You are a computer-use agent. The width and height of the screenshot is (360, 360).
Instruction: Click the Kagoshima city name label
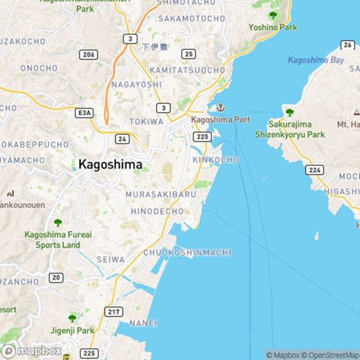click(x=109, y=165)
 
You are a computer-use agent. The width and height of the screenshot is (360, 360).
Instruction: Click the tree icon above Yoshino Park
click(x=272, y=14)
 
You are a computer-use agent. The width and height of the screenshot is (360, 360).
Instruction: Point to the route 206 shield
click(x=88, y=54)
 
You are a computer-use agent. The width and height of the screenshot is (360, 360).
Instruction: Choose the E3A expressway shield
click(x=86, y=112)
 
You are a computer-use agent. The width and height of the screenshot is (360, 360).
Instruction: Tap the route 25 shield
click(x=187, y=54)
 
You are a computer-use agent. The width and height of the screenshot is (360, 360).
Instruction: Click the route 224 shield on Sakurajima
click(x=314, y=170)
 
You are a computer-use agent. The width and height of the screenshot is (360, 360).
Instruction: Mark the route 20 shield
click(x=55, y=277)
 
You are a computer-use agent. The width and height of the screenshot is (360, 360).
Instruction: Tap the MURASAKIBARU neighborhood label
click(x=161, y=194)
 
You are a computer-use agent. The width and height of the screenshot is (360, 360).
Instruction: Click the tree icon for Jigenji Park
click(x=71, y=317)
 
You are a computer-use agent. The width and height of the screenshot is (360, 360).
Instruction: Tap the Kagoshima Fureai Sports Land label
click(x=57, y=239)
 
